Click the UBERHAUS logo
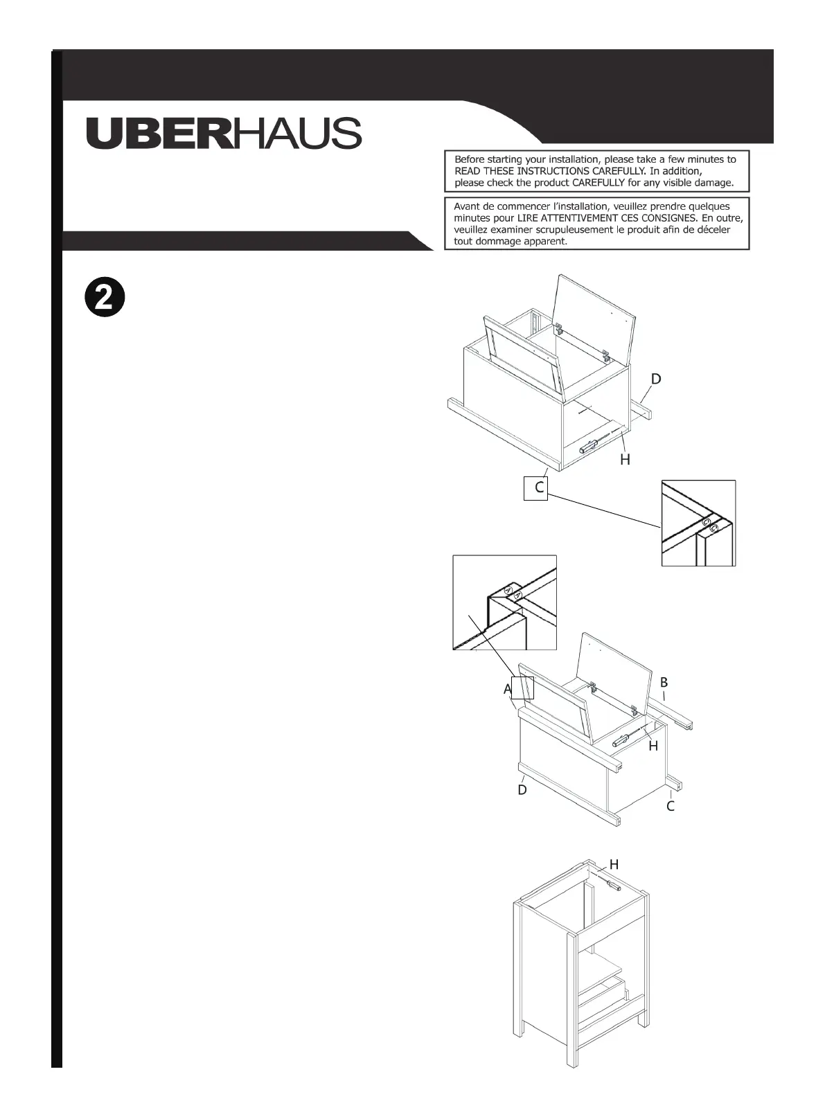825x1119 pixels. click(223, 132)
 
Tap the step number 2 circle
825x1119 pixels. click(104, 298)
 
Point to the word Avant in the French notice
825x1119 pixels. click(468, 206)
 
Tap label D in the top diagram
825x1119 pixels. click(655, 379)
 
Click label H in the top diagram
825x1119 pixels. click(625, 459)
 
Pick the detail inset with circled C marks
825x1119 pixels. click(698, 523)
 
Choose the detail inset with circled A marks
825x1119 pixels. click(504, 602)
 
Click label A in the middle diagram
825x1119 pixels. click(508, 690)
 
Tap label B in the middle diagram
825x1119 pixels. click(664, 682)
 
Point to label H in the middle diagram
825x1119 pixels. click(653, 746)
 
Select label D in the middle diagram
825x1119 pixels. click(522, 789)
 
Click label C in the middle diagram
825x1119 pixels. click(670, 806)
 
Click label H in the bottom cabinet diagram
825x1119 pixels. click(614, 864)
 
